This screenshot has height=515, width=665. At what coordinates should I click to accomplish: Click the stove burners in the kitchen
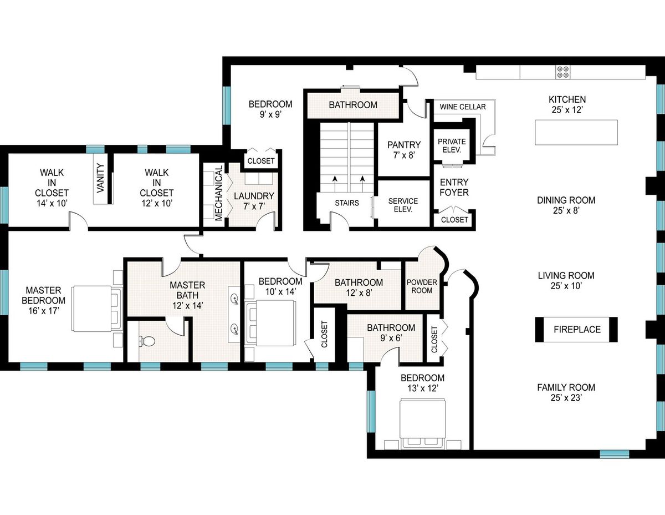(563, 72)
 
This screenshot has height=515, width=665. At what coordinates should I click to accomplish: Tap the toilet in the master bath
(147, 341)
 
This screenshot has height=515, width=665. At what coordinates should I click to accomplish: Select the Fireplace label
(577, 329)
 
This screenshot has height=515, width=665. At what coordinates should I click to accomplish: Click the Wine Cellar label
(462, 107)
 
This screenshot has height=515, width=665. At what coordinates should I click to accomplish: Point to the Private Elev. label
(452, 146)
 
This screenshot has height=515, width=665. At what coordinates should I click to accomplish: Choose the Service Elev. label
(403, 205)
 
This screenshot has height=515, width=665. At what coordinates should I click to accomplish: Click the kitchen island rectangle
(576, 132)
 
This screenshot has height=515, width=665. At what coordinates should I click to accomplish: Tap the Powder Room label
(422, 286)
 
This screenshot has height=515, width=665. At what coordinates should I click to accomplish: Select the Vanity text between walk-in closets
(100, 178)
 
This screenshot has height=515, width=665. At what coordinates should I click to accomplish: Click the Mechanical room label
(218, 193)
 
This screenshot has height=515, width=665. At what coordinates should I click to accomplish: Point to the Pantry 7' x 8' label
(404, 150)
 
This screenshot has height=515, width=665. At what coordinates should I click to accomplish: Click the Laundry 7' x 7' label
(254, 201)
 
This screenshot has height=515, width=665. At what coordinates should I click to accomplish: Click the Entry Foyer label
(454, 187)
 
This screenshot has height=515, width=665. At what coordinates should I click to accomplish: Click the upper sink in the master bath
(235, 298)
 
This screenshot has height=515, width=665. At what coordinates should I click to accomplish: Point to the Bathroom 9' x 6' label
(391, 332)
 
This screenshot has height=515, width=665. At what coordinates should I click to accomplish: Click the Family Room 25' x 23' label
(566, 392)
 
